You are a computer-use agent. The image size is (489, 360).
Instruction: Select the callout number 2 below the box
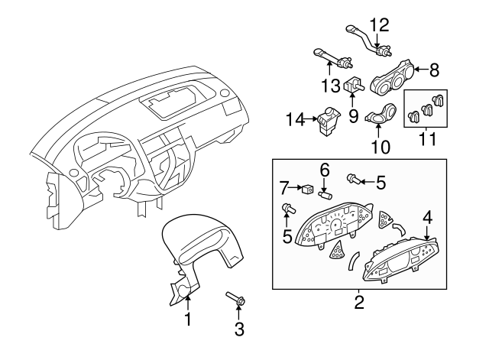click(358, 301)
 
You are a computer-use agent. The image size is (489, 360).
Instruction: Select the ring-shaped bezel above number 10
click(379, 118)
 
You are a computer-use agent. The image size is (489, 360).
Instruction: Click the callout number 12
click(380, 25)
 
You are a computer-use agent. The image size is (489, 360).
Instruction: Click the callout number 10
click(380, 145)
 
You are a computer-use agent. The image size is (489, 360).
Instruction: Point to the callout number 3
click(239, 329)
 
